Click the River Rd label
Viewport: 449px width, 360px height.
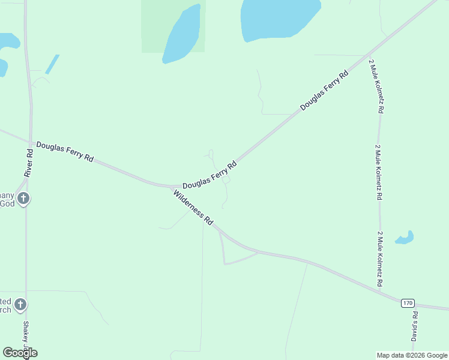coord(28,162)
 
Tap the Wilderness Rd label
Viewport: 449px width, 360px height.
coord(193,207)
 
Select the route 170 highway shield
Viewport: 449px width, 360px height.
coord(408,304)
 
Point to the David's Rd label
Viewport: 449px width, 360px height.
coord(414,326)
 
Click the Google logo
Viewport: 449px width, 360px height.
coord(20,353)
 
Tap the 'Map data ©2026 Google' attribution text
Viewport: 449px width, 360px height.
coord(412,355)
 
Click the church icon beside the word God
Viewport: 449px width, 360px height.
coord(23,199)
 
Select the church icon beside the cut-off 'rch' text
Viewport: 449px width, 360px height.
coord(20,305)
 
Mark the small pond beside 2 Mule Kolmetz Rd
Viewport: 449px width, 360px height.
coord(405,238)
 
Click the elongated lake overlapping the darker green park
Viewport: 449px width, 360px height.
coord(181,35)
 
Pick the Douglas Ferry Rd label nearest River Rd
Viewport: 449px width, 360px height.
coord(65,151)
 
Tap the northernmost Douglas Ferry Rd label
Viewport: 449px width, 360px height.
coord(324,91)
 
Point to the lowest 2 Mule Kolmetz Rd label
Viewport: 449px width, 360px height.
coord(380,258)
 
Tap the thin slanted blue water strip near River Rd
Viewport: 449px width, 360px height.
coord(52,64)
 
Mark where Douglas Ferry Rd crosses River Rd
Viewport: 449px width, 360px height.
coord(28,142)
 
